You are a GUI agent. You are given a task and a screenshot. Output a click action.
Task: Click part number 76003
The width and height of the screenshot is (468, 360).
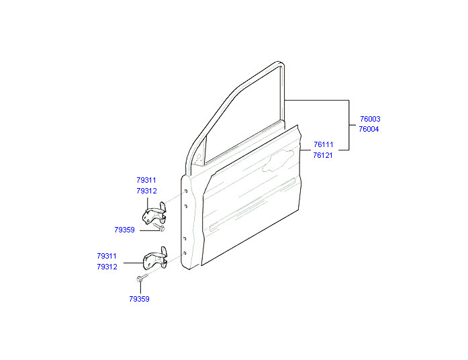(370, 119)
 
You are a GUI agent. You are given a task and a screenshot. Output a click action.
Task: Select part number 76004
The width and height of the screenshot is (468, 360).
(369, 129)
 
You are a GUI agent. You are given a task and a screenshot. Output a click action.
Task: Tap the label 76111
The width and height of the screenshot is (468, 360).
(323, 144)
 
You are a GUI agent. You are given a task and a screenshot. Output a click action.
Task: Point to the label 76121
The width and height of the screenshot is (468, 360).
(323, 155)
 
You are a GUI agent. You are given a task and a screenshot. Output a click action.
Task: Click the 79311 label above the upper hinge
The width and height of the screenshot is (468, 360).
(146, 180)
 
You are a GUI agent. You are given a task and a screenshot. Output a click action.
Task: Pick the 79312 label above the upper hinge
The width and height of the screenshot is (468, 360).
(146, 191)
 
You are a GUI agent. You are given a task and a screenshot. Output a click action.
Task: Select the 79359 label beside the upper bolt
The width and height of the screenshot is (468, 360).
(124, 230)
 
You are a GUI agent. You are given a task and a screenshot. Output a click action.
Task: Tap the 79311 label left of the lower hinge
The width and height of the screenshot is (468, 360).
(107, 256)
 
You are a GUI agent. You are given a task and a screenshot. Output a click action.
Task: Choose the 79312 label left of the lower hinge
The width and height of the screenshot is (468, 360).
(107, 267)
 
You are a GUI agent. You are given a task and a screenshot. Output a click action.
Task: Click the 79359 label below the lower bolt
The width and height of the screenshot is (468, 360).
(139, 299)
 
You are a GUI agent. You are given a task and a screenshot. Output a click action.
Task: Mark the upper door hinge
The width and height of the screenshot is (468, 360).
(154, 214)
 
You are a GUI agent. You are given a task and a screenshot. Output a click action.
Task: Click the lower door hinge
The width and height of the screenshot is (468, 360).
(156, 259)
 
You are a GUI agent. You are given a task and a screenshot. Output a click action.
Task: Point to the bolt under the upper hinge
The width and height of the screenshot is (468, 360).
(158, 227)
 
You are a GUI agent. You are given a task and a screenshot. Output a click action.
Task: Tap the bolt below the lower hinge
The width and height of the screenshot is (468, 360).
(142, 278)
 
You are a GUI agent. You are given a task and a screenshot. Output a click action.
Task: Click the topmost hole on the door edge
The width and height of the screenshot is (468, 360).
(185, 191)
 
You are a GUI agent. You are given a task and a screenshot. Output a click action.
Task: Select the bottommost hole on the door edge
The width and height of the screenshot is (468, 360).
(185, 253)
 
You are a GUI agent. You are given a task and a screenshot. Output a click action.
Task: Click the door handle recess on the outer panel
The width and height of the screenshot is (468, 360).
(277, 161)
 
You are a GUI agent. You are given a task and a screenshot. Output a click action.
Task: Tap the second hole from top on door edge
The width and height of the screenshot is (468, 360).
(185, 206)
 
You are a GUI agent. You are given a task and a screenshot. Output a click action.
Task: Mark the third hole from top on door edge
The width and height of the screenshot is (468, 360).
(185, 238)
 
